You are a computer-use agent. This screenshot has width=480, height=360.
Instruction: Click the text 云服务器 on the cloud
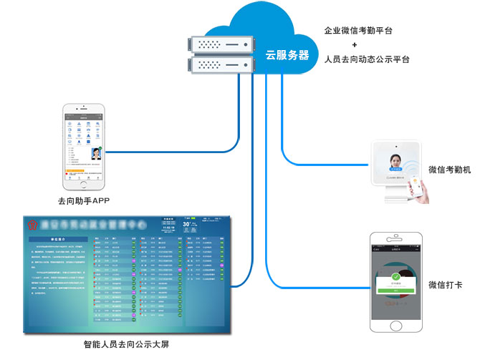coord(287,54)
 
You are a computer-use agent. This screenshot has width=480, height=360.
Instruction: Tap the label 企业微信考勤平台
coord(368,31)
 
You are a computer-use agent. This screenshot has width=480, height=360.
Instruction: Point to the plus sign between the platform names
coord(366,45)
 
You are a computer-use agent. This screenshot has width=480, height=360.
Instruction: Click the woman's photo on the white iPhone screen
coord(95,153)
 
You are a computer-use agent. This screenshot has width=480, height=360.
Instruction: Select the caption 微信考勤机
coord(449,170)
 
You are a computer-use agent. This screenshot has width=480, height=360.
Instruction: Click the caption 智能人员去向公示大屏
coord(126,344)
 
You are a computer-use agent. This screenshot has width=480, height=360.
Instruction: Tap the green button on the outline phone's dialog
coord(396,290)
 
